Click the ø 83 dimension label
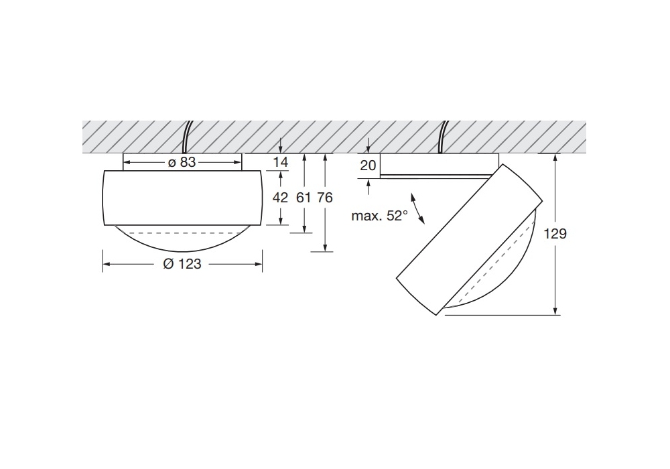click(x=182, y=163)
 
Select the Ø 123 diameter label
click(x=182, y=265)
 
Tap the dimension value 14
click(x=280, y=162)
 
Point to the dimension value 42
click(x=280, y=198)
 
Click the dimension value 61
click(x=304, y=198)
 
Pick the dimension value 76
click(x=325, y=198)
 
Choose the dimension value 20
click(x=368, y=165)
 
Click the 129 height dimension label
click(x=555, y=234)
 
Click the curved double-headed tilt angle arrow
click(x=418, y=208)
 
